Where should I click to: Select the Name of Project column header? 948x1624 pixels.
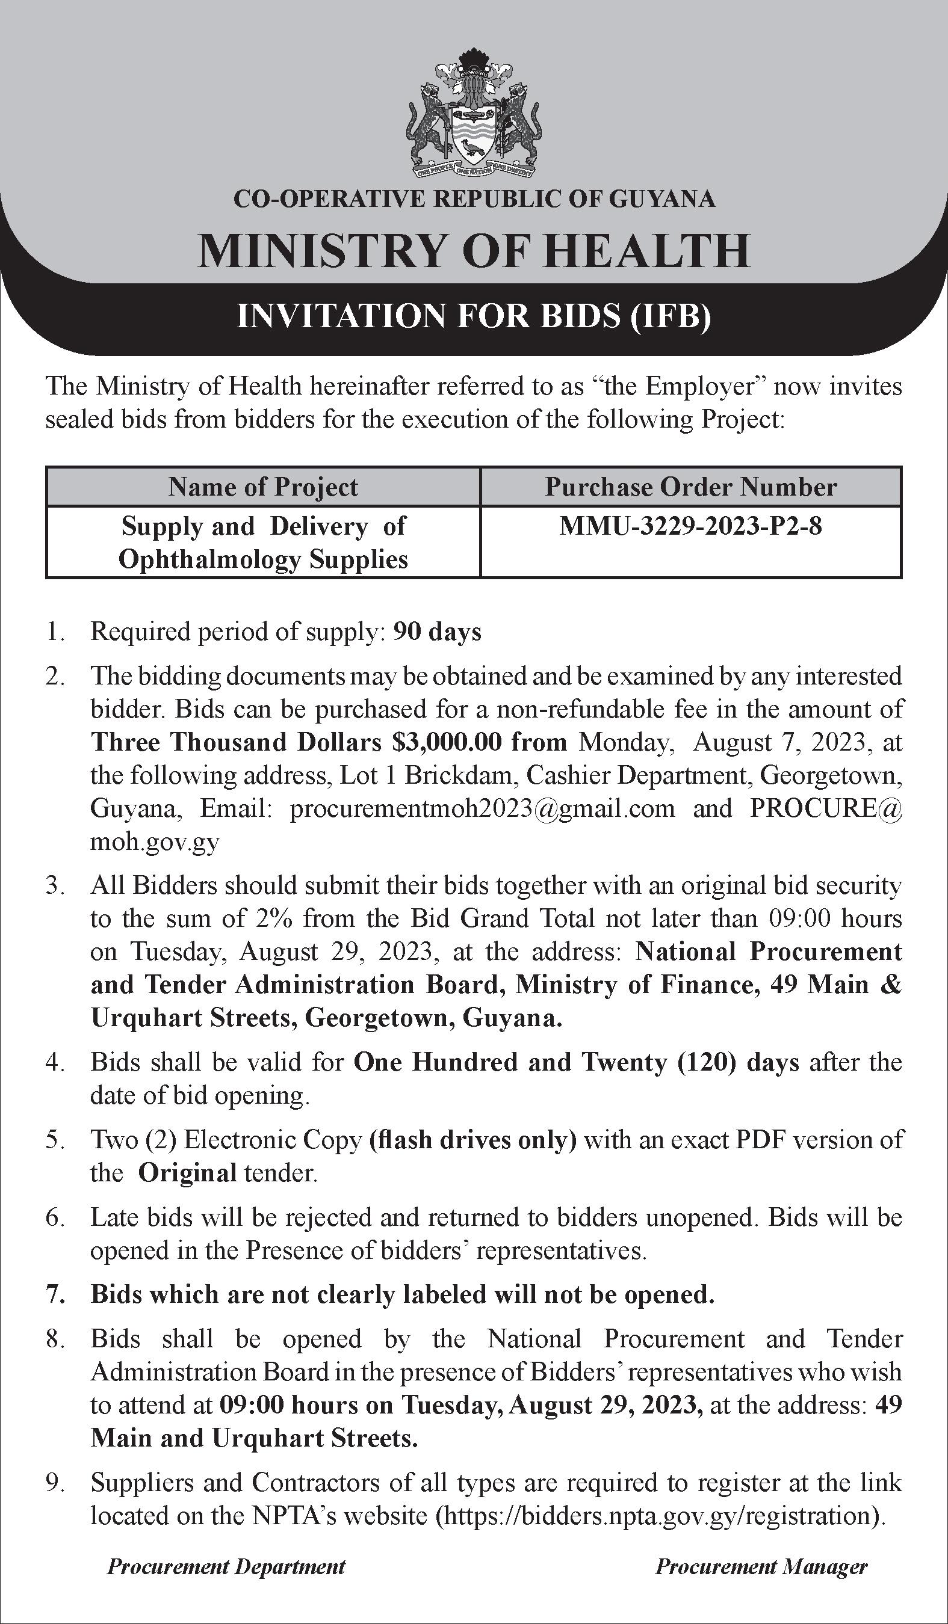263,487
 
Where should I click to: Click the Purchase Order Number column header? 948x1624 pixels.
691,487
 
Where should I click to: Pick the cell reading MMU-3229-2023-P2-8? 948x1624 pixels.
691,526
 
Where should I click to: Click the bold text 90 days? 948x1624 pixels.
437,632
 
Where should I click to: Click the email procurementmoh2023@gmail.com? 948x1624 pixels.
482,808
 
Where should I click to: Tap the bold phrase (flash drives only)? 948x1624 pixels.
472,1139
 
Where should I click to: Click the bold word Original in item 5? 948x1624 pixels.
187,1172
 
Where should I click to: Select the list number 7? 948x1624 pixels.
54,1294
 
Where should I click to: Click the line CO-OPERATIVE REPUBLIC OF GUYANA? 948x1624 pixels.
474,198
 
